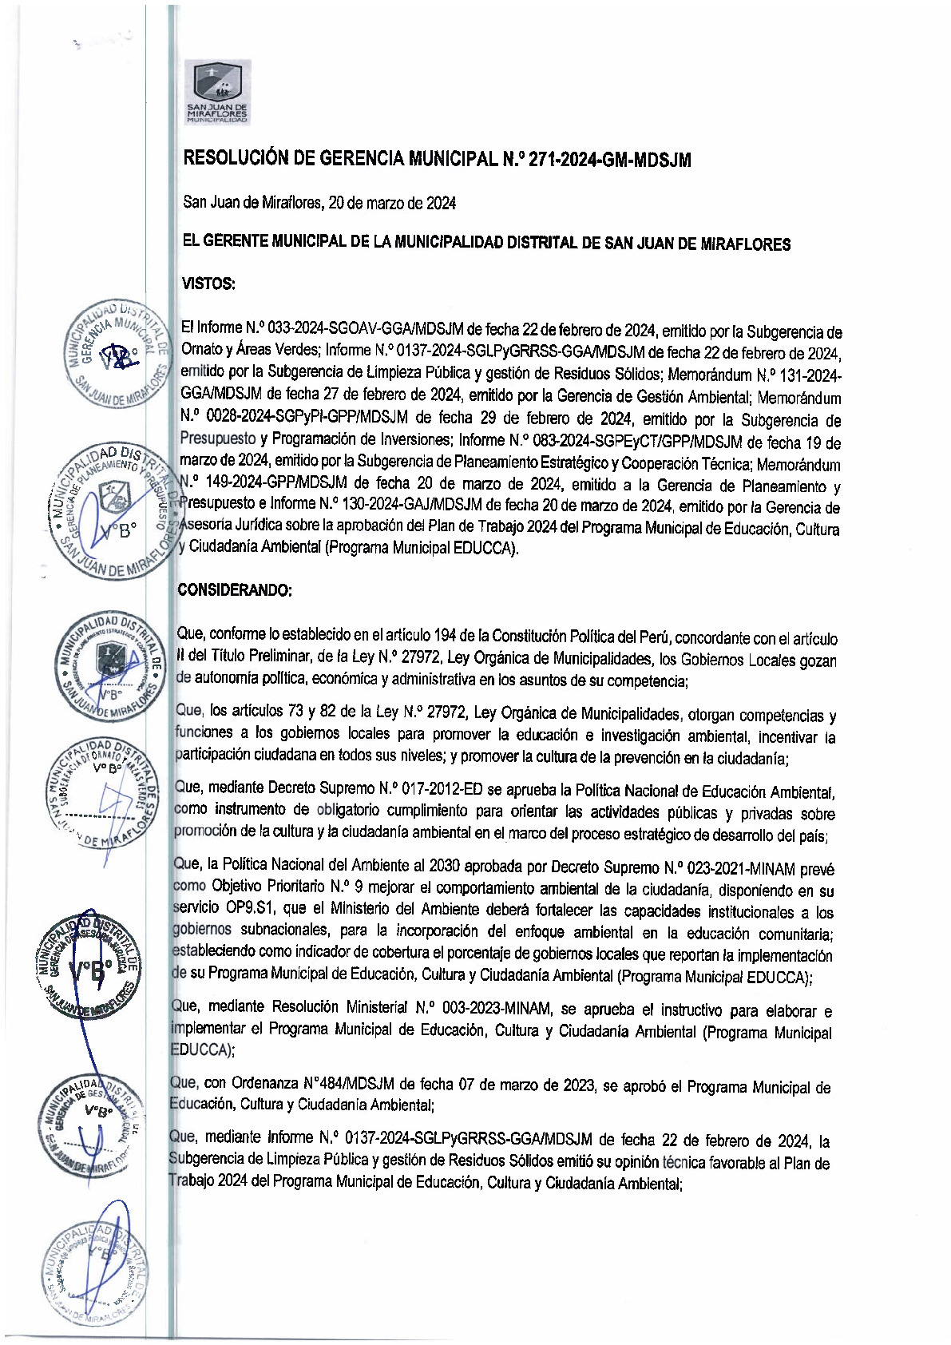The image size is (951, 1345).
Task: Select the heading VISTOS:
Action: (208, 284)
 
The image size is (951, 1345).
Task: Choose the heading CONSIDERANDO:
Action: (235, 590)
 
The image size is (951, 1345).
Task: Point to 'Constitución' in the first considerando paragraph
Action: (530, 637)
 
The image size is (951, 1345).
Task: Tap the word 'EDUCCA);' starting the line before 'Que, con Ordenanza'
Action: (202, 1050)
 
